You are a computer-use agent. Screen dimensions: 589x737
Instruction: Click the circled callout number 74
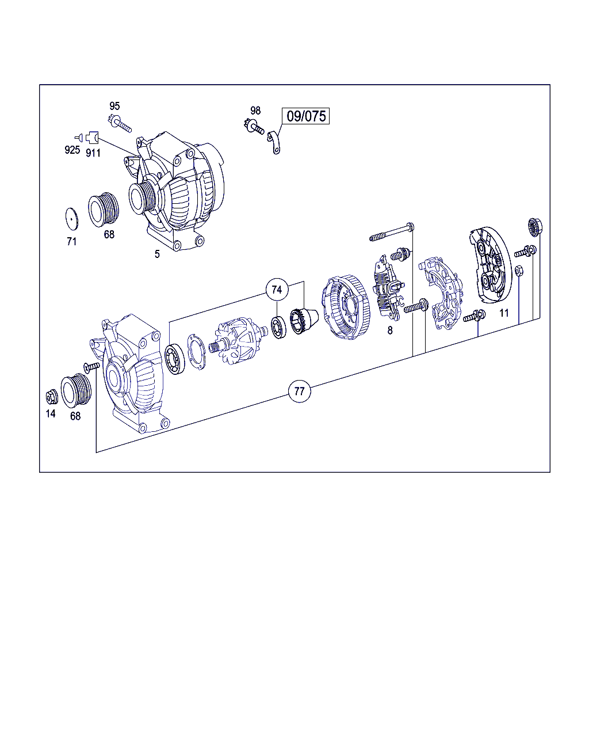pyautogui.click(x=277, y=290)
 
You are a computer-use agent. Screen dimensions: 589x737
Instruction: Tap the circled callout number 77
pyautogui.click(x=300, y=391)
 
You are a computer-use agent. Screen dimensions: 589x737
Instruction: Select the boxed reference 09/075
pyautogui.click(x=305, y=116)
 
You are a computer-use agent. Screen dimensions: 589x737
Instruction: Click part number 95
pyautogui.click(x=114, y=106)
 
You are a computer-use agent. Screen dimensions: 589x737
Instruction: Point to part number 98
pyautogui.click(x=255, y=111)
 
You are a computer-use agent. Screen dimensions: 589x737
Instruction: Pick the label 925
pyautogui.click(x=72, y=150)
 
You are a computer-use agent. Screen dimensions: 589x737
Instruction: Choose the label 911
pyautogui.click(x=93, y=153)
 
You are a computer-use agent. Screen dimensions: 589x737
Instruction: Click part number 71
pyautogui.click(x=71, y=241)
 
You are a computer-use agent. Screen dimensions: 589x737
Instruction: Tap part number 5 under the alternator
pyautogui.click(x=157, y=254)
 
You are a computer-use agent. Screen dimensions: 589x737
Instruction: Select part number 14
pyautogui.click(x=51, y=414)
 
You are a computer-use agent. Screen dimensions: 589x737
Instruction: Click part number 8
pyautogui.click(x=390, y=330)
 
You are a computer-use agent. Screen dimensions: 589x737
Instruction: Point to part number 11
pyautogui.click(x=504, y=313)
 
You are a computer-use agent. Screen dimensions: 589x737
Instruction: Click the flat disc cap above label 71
pyautogui.click(x=71, y=218)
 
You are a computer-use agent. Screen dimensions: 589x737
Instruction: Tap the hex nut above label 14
pyautogui.click(x=52, y=397)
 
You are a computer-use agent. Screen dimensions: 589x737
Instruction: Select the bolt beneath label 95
pyautogui.click(x=121, y=124)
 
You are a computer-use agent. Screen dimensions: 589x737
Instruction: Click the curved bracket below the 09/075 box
pyautogui.click(x=274, y=143)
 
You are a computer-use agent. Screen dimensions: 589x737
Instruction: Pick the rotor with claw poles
pyautogui.click(x=239, y=343)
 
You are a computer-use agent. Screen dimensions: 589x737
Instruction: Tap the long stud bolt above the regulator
pyautogui.click(x=392, y=232)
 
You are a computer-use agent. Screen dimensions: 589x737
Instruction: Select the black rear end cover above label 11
pyautogui.click(x=490, y=265)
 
